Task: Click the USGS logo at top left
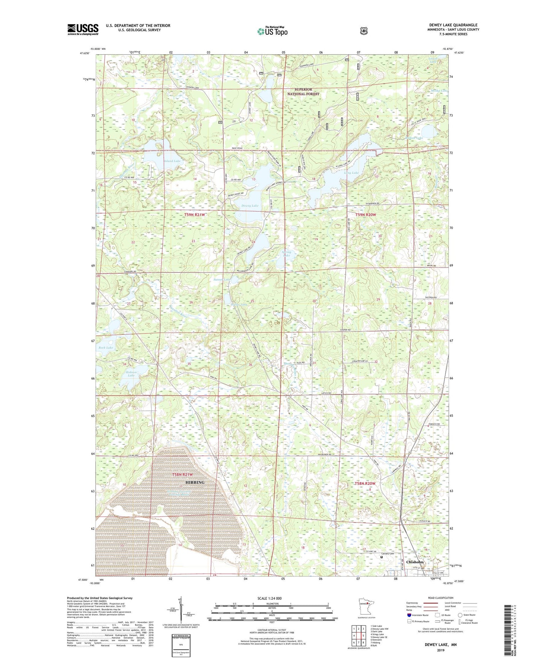point(83,29)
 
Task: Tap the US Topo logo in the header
point(272,32)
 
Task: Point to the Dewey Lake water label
point(250,206)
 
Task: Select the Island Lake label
point(172,161)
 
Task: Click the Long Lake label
point(351,173)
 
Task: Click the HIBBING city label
point(195,482)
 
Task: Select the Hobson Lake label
point(131,373)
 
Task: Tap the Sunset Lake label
point(221,280)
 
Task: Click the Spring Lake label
point(286,254)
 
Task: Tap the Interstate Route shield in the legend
point(409,615)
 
